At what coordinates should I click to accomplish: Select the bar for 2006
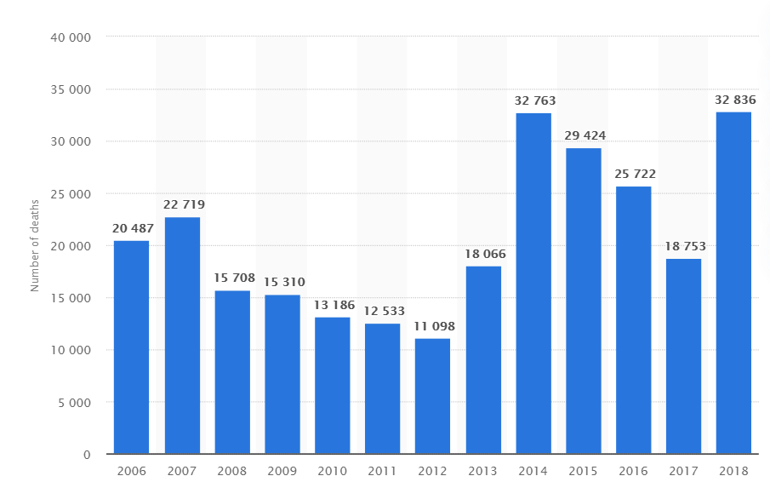131,347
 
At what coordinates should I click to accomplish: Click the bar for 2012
432,396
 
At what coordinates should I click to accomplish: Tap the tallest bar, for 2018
733,283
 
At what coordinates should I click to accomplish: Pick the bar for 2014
533,283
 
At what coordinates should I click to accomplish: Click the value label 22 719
184,204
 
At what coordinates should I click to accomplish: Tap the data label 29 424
585,135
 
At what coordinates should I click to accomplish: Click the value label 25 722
635,174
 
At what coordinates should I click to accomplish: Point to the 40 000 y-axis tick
74,37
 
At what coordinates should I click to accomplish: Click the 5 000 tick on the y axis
77,403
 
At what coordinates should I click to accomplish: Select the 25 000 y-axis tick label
74,194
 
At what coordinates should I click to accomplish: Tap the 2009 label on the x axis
282,470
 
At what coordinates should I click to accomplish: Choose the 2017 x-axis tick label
683,470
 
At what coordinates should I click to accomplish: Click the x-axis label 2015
583,470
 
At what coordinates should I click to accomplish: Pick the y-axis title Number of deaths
36,245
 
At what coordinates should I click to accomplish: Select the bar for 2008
231,372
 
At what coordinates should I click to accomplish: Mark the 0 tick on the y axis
88,455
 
